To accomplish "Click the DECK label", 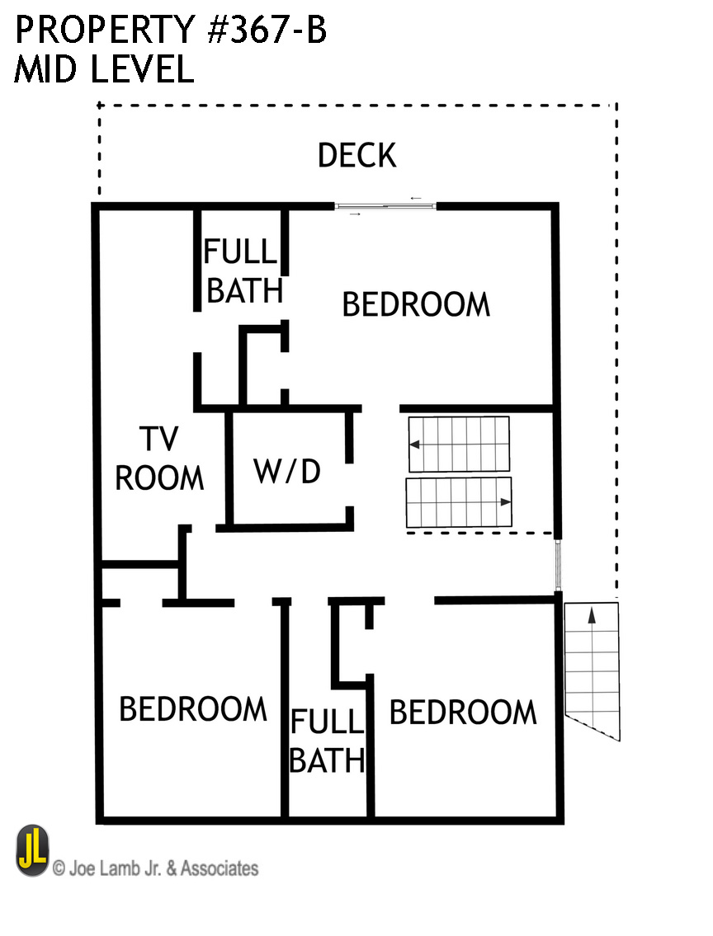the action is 356,155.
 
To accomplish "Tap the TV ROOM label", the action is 159,459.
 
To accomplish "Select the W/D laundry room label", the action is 287,471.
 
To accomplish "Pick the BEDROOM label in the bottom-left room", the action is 193,708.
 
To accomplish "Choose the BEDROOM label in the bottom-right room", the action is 463,713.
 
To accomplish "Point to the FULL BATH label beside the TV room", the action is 243,271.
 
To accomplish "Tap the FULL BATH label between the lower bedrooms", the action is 328,741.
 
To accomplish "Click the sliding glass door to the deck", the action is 385,206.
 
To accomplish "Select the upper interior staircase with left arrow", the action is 459,444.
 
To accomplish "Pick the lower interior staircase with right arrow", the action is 459,502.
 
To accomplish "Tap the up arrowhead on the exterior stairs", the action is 592,614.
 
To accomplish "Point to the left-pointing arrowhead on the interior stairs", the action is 414,444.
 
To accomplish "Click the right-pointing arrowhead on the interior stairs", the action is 506,502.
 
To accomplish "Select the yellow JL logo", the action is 32,850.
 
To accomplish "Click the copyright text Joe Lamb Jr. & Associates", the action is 156,868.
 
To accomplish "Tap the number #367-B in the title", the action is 267,30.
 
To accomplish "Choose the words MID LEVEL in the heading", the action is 104,68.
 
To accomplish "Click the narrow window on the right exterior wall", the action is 559,565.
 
